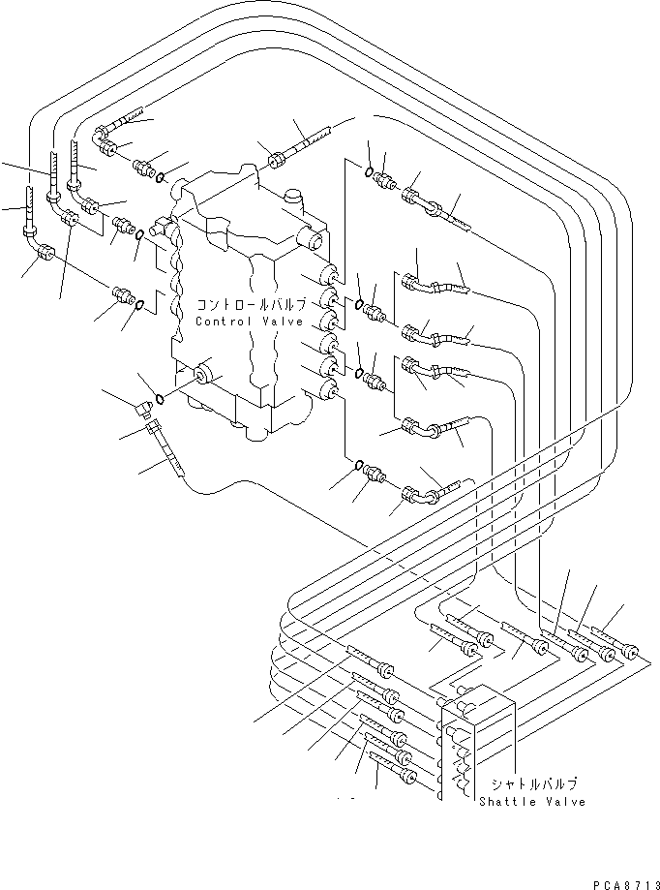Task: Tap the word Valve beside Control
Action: click(x=283, y=322)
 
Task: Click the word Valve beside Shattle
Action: click(x=565, y=802)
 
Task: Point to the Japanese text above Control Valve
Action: click(x=251, y=304)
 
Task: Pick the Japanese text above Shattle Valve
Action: click(x=533, y=784)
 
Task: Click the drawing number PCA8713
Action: click(x=626, y=885)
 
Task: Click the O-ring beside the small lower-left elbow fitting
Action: click(x=160, y=399)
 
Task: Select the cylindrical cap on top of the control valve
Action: click(x=295, y=199)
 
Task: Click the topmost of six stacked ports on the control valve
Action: click(x=328, y=275)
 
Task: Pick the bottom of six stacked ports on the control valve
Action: click(x=328, y=390)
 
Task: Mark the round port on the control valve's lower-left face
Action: click(x=201, y=376)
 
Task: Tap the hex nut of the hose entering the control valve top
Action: click(x=277, y=160)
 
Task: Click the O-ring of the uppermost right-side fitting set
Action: click(x=369, y=170)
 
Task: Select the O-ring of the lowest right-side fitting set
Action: click(x=358, y=466)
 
